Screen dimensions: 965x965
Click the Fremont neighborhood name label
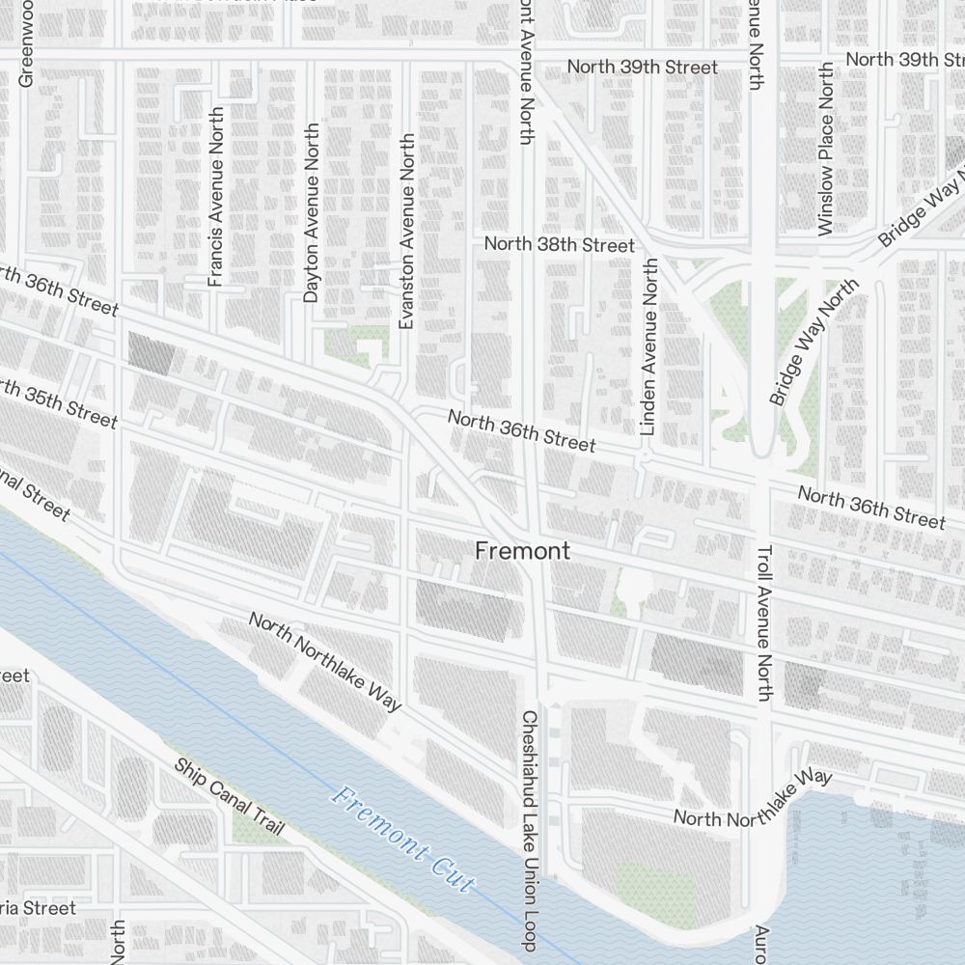522,551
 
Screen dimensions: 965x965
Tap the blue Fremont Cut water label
403,840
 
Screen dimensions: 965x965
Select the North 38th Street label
560,245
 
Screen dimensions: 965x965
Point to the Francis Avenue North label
215,197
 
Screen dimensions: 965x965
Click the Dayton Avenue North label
311,212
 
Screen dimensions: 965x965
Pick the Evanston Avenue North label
406,232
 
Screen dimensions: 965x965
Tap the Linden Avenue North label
648,345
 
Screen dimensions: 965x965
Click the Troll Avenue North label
764,622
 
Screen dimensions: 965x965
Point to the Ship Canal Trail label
230,797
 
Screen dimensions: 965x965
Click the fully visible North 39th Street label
642,67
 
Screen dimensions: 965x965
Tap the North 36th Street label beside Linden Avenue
522,430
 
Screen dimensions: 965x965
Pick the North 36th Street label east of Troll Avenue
871,508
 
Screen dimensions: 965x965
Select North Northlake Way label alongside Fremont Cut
324,661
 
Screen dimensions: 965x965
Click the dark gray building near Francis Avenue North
152,353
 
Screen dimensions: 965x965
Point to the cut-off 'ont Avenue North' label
526,72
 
